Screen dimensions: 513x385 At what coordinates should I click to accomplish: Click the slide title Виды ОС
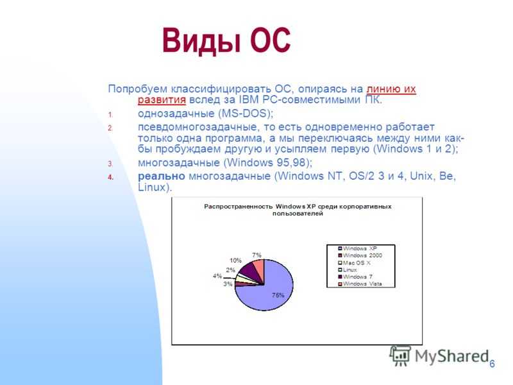[226, 40]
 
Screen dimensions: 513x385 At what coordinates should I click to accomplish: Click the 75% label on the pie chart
[278, 295]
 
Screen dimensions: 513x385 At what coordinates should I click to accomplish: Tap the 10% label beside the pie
[235, 261]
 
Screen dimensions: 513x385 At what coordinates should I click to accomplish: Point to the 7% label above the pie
[257, 255]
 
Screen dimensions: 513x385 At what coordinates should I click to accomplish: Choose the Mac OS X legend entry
[355, 262]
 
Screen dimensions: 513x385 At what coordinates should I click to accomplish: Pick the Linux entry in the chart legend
[348, 269]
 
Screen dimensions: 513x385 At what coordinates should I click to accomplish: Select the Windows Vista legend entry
[360, 284]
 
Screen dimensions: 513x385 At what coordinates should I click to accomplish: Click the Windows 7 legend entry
[355, 277]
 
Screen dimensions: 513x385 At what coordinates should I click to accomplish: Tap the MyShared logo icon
[400, 355]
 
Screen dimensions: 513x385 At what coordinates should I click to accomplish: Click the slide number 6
[492, 364]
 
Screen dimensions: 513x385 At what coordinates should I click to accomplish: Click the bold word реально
[162, 176]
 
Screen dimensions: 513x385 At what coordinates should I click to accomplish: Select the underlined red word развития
[162, 99]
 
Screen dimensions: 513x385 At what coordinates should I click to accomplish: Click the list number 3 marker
[110, 164]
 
